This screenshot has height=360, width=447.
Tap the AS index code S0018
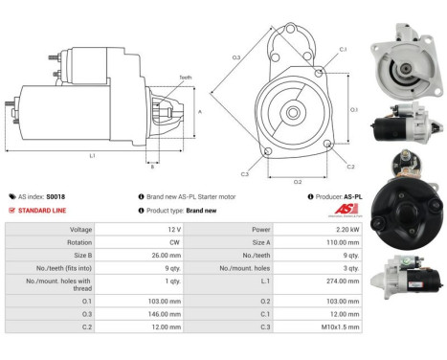58,196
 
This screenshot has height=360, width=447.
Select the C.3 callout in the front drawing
244,173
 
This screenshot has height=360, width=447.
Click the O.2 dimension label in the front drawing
297,181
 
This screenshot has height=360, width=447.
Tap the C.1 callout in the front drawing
342,48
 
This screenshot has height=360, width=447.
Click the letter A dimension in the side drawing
199,111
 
